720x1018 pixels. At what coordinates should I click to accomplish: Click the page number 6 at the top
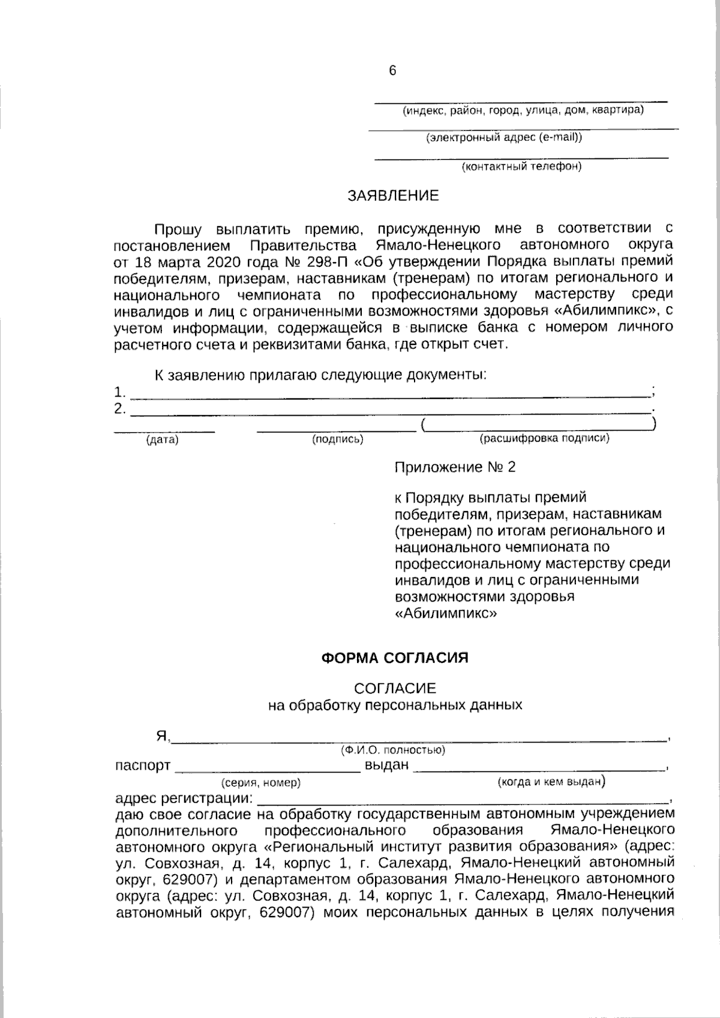[392, 71]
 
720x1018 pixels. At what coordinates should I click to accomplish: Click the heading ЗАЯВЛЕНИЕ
[393, 196]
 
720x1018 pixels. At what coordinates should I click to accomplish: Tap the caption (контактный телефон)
[521, 166]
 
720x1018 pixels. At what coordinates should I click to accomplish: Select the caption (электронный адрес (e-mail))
[504, 137]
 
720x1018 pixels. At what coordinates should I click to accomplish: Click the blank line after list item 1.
[390, 396]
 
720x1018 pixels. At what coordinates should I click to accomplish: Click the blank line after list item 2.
[390, 413]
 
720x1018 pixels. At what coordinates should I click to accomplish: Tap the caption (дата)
[163, 440]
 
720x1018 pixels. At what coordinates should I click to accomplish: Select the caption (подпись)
[338, 440]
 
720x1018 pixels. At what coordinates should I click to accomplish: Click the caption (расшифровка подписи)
[544, 439]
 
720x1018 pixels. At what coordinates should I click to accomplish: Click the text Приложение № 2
[455, 467]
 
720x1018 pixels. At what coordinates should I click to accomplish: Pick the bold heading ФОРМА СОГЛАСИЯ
[395, 658]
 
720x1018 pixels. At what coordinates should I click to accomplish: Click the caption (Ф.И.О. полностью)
[392, 750]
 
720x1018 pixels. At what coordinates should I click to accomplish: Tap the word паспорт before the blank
[143, 766]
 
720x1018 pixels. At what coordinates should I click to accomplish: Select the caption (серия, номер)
[261, 783]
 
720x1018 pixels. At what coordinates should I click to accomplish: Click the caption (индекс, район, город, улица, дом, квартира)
[523, 110]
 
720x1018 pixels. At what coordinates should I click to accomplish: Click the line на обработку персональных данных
[395, 705]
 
